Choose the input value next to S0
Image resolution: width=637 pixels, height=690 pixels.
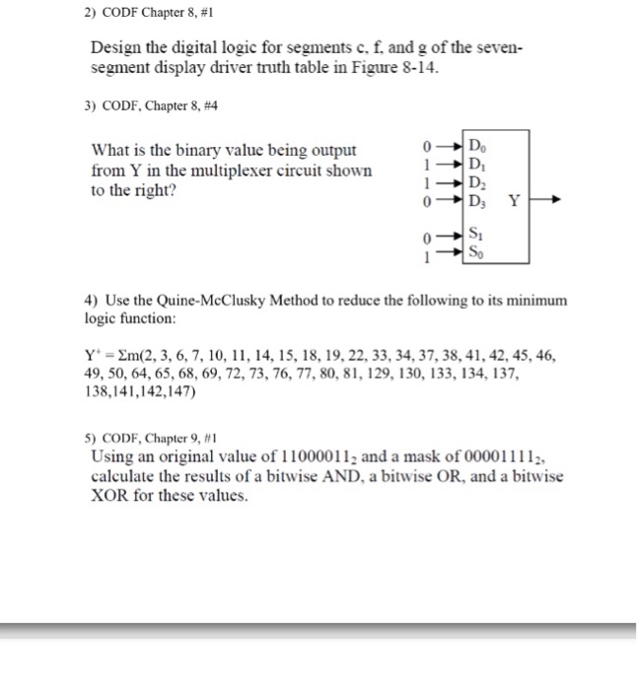pos(424,253)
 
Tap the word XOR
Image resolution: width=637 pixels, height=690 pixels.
pos(113,496)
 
